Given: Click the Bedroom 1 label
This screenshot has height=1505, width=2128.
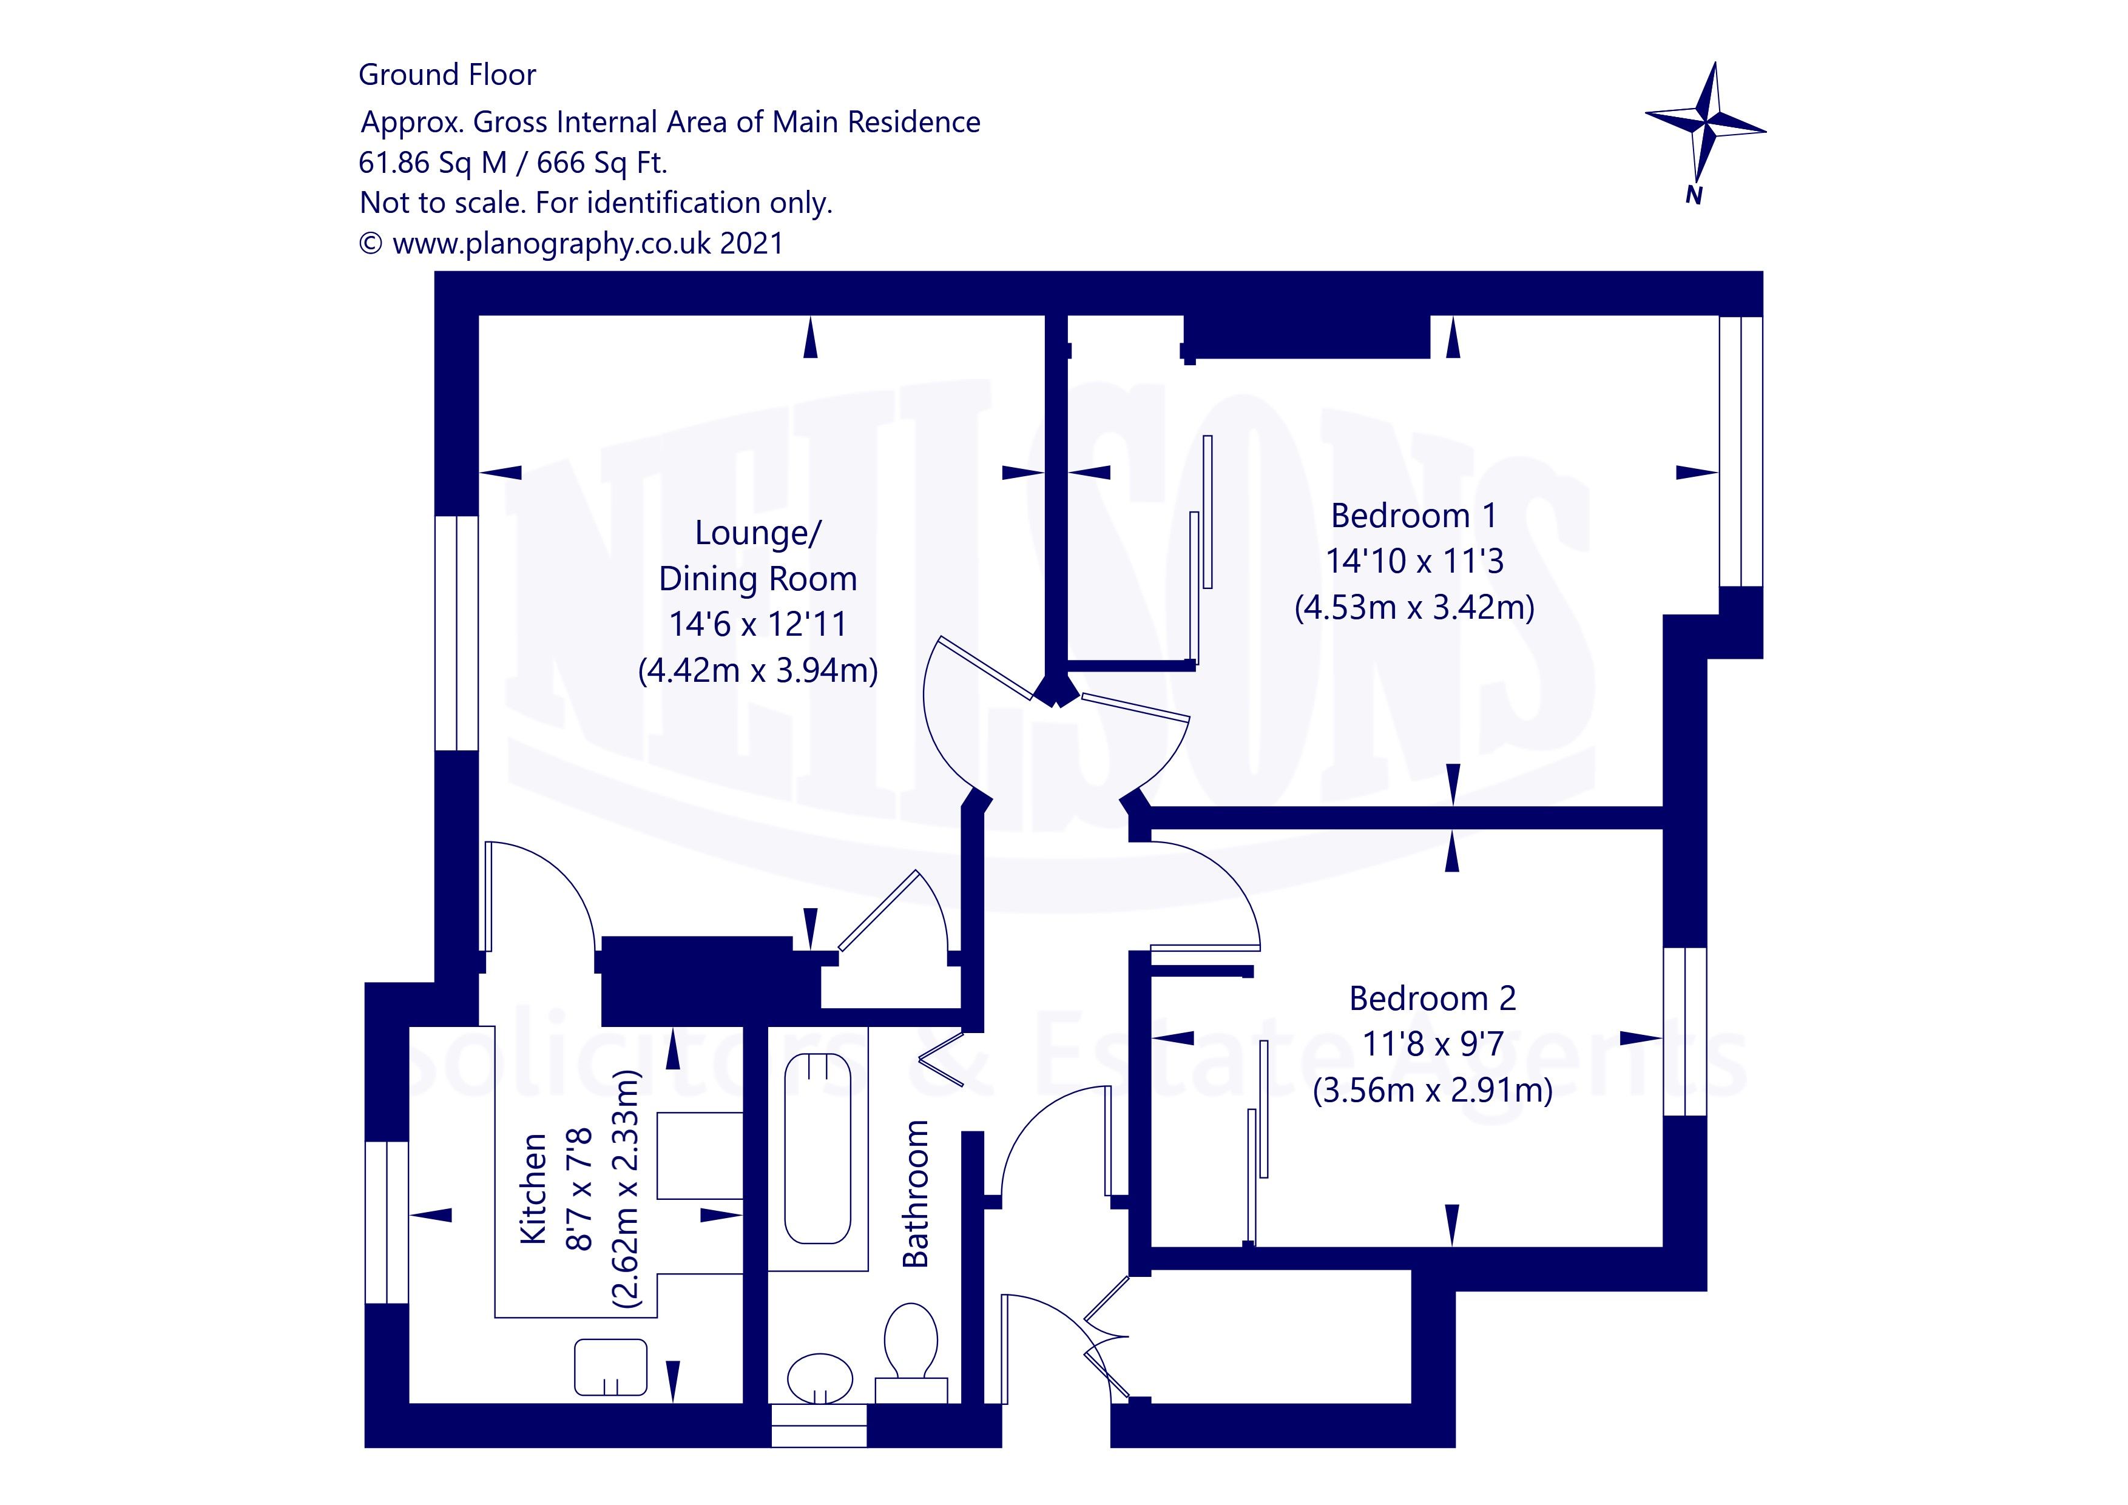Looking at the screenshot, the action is (1413, 515).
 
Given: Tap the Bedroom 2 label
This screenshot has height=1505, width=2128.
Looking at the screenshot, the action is (1432, 998).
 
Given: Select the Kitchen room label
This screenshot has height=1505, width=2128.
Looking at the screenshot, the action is (533, 1188).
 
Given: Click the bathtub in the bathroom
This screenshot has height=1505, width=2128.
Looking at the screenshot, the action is (817, 1149).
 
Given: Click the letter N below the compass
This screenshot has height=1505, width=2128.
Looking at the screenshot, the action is (1694, 195).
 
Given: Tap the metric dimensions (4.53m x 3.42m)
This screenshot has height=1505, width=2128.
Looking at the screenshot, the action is (1414, 607).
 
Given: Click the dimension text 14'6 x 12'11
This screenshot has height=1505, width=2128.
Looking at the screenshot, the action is (758, 624).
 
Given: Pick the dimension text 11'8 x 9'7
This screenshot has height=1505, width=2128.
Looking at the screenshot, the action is (1433, 1045).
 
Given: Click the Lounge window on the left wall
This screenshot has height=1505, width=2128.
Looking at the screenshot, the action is (457, 633).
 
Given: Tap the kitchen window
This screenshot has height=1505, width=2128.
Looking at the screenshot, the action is (387, 1222).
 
